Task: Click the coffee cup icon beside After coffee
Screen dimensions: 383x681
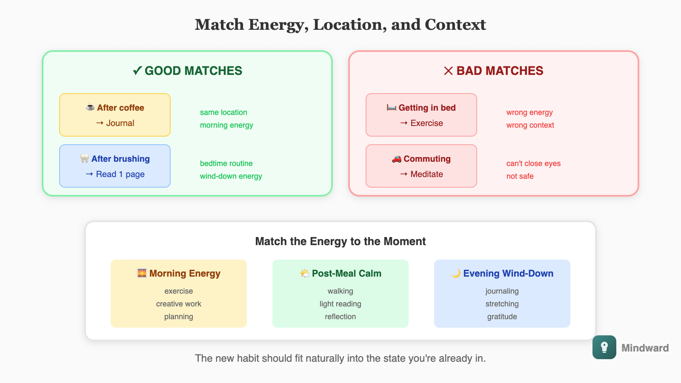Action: coord(90,108)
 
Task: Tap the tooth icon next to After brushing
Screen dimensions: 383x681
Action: coord(85,159)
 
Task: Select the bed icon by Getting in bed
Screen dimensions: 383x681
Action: coord(392,108)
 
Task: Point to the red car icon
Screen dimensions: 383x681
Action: coord(397,159)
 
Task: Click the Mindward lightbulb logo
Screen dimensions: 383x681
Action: coord(604,347)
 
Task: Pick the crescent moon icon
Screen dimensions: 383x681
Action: coord(456,273)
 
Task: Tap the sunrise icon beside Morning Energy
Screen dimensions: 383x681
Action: coord(142,273)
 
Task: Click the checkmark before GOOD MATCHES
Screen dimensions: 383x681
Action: coord(137,71)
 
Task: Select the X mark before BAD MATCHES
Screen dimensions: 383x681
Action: coord(448,71)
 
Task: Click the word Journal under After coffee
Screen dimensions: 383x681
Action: coord(120,123)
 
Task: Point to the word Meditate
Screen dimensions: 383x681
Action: coord(426,174)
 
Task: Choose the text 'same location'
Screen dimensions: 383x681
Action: coord(223,112)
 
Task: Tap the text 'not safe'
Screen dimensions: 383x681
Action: coord(520,176)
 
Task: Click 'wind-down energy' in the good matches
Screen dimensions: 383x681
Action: coord(231,176)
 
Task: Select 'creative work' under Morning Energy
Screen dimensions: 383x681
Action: coord(178,304)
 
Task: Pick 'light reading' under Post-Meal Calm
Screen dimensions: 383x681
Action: coord(340,304)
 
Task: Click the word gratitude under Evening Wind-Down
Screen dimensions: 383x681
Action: coord(502,317)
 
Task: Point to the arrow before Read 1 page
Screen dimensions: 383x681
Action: coord(89,174)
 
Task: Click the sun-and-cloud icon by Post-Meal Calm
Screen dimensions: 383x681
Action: coord(305,273)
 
